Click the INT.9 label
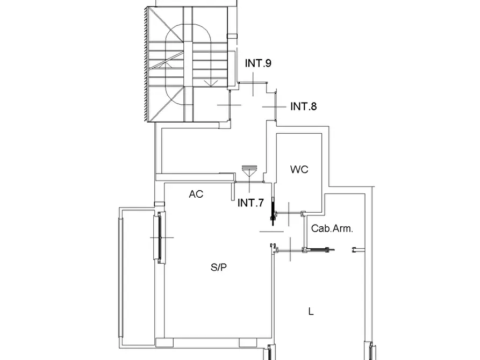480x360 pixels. pyautogui.click(x=258, y=63)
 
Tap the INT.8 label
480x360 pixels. pyautogui.click(x=303, y=106)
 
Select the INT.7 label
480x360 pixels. pyautogui.click(x=250, y=203)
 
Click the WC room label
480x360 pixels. pyautogui.click(x=299, y=169)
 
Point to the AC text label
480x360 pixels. pyautogui.click(x=196, y=194)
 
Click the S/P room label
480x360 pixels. pyautogui.click(x=219, y=267)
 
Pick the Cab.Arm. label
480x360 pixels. pyautogui.click(x=332, y=228)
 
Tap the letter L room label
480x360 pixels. pyautogui.click(x=311, y=312)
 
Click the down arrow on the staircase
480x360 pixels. pyautogui.click(x=211, y=83)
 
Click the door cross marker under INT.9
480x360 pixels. pyautogui.click(x=253, y=84)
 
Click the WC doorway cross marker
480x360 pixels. pyautogui.click(x=289, y=214)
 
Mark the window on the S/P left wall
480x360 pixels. pyautogui.click(x=159, y=237)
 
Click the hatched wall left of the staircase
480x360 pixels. pyautogui.click(x=146, y=64)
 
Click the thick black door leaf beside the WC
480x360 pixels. pyautogui.click(x=273, y=211)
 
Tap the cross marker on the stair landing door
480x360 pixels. pyautogui.click(x=229, y=105)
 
